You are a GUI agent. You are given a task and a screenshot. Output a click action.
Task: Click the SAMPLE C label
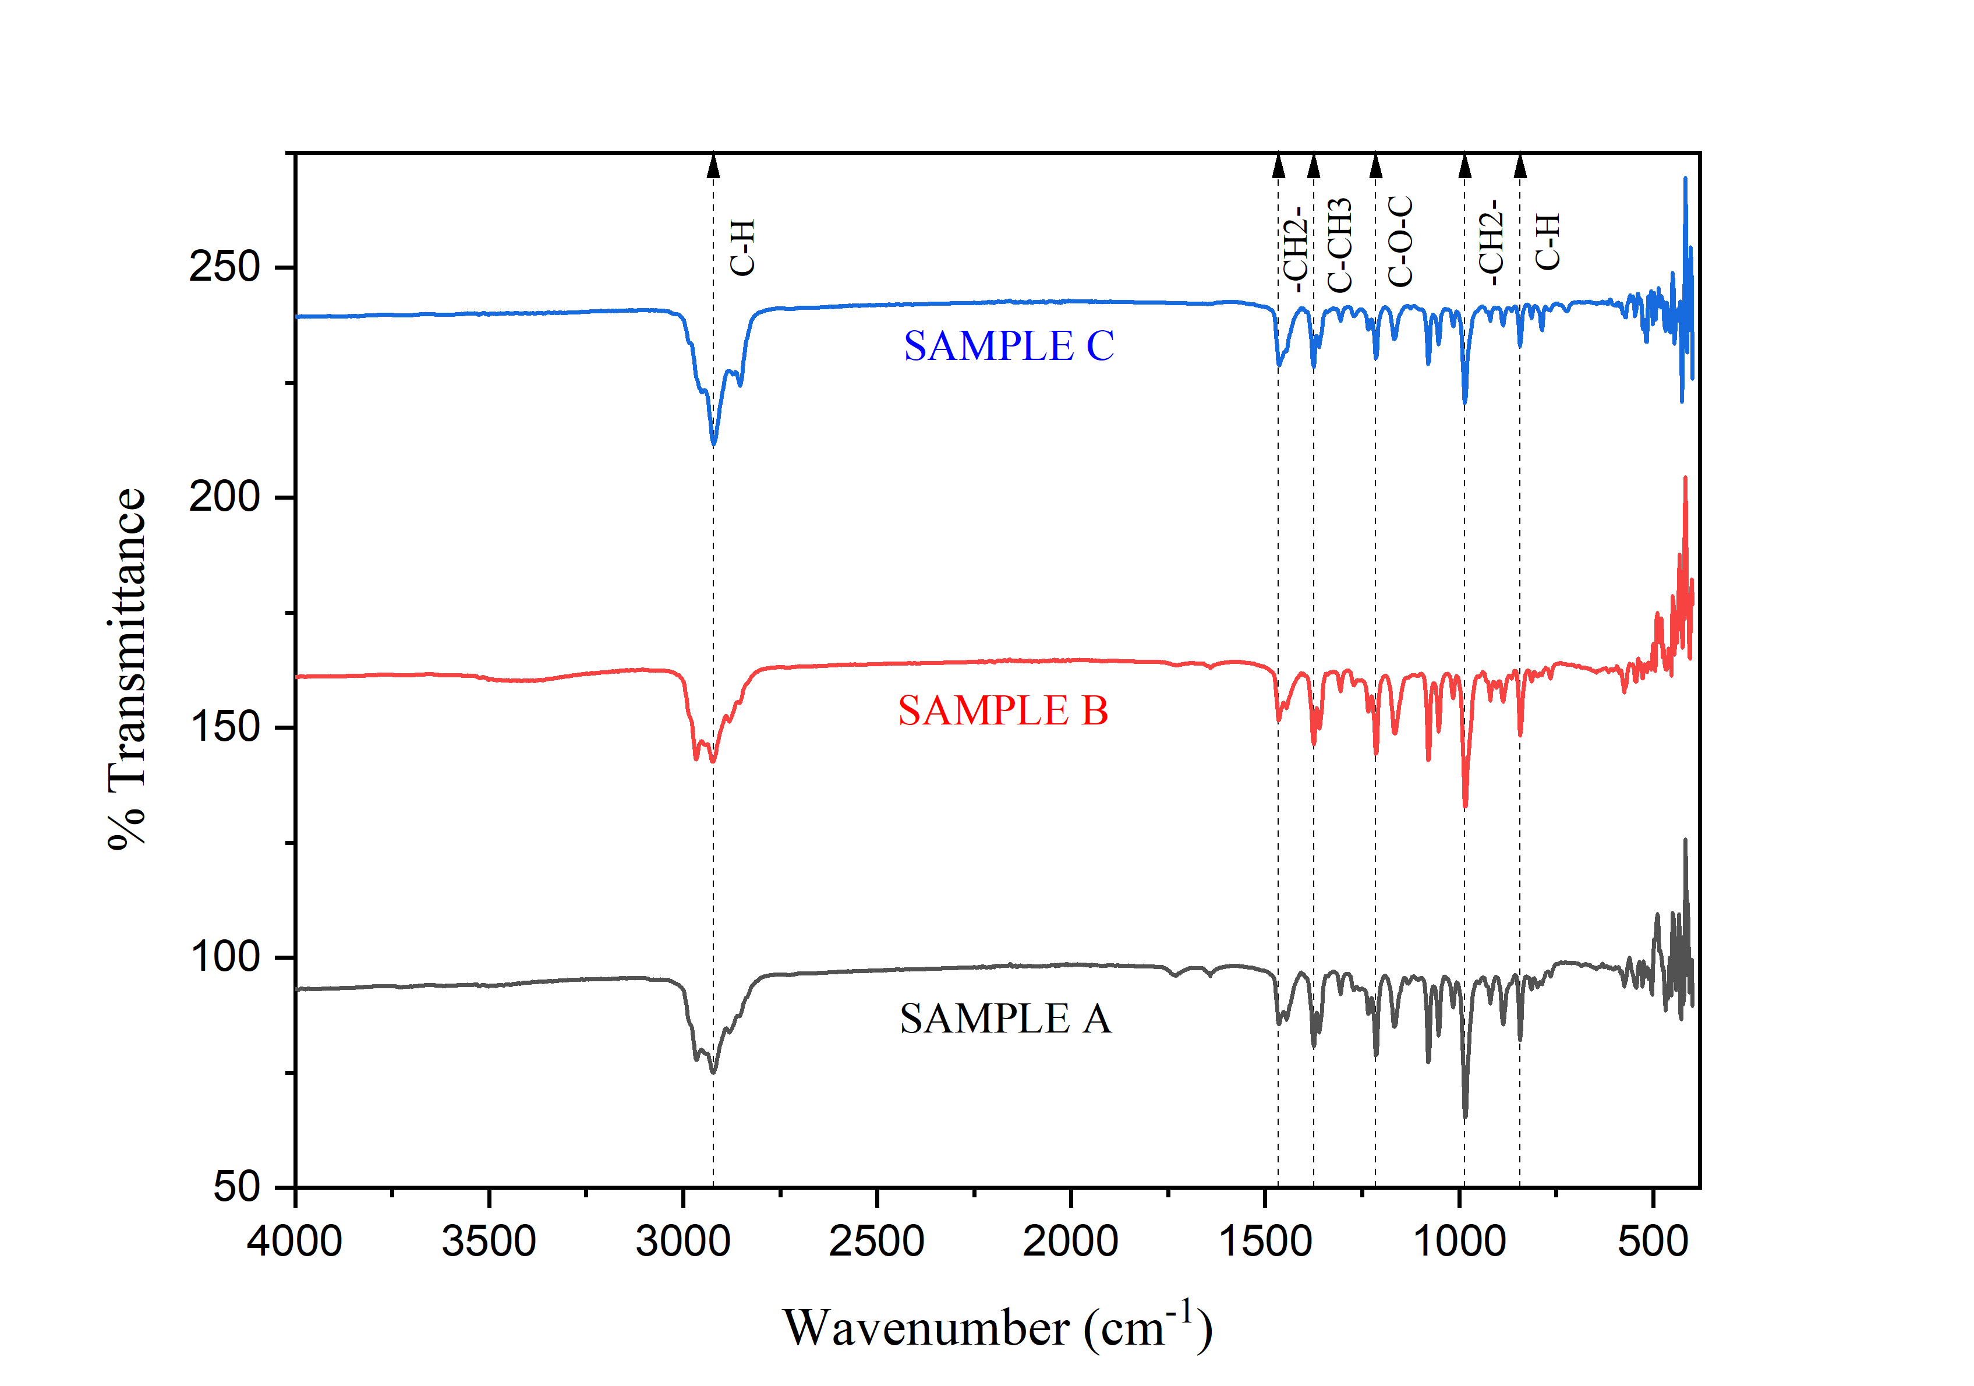click(1009, 346)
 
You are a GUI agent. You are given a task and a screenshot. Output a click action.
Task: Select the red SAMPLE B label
click(1003, 711)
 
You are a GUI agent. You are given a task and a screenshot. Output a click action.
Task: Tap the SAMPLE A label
click(1005, 1019)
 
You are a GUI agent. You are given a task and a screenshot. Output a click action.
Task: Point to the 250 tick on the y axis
click(224, 267)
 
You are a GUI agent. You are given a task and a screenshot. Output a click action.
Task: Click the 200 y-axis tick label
click(224, 497)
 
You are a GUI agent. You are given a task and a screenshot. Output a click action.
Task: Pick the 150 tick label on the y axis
click(224, 727)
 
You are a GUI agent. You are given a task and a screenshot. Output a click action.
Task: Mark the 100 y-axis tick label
click(224, 957)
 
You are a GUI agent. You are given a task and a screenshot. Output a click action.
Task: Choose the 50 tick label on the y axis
click(236, 1187)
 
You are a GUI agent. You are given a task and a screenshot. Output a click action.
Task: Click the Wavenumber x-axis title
click(997, 1328)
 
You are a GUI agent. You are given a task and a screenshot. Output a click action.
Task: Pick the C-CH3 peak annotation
click(1339, 246)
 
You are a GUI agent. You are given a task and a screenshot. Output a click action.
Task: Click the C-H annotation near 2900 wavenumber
click(742, 248)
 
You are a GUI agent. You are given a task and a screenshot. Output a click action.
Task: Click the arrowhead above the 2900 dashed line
click(713, 166)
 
